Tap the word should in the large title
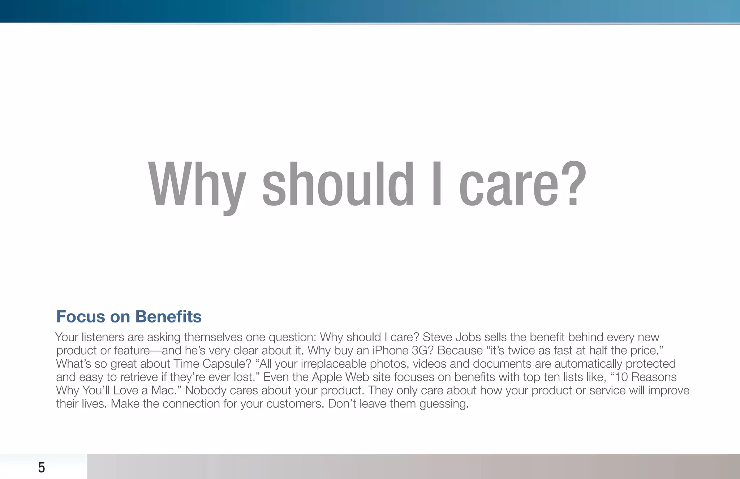338,184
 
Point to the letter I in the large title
436,184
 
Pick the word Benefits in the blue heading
168,317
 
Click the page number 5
42,467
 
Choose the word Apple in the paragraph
327,377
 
